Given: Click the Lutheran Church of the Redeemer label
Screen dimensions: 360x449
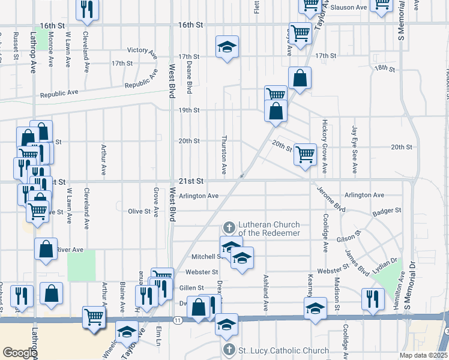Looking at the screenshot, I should click(x=270, y=228).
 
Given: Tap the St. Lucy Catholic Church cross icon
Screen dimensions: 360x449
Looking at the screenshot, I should click(x=228, y=350).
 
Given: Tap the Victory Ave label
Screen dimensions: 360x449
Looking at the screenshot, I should click(x=142, y=50).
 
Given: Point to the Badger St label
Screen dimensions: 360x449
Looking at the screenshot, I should click(x=386, y=211).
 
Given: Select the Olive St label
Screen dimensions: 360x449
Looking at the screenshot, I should click(x=139, y=211).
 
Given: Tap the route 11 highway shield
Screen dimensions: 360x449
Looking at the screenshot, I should click(x=178, y=321).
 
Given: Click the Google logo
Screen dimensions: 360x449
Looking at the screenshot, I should click(x=20, y=353).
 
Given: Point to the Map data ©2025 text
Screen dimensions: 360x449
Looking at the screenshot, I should click(x=423, y=355).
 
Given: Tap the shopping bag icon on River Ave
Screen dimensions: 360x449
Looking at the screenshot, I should click(x=46, y=248).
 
